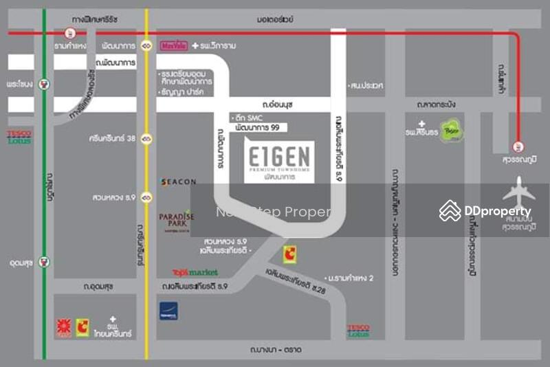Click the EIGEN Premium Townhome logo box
279,162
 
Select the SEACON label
179,182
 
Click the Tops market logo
195,272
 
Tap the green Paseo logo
452,131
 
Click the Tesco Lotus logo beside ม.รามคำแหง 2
358,331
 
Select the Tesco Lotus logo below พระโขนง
19,136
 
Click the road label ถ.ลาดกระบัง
436,104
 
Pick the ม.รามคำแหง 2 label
351,278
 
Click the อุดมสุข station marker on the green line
45,261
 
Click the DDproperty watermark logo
486,211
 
